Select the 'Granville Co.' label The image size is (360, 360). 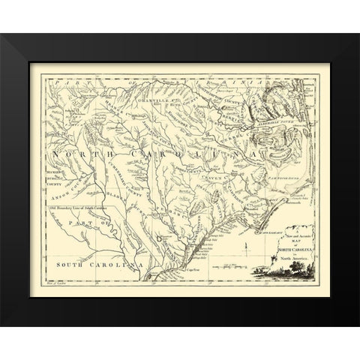click(155, 97)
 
